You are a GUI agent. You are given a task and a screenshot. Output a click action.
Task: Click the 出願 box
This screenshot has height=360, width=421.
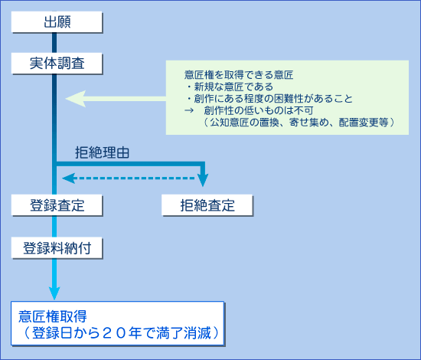point(57,21)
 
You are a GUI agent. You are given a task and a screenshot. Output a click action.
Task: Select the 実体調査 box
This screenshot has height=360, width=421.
point(57,63)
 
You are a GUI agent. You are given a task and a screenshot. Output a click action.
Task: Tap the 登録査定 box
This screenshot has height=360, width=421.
point(57,205)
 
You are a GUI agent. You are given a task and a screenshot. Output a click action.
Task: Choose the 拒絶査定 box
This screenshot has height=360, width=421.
point(207,205)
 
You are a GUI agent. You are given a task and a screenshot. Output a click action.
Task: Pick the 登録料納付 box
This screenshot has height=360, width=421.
point(57,247)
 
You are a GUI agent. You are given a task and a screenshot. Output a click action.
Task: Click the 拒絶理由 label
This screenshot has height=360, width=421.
point(102,152)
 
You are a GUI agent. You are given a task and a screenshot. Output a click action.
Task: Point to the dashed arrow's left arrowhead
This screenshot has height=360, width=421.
point(68,178)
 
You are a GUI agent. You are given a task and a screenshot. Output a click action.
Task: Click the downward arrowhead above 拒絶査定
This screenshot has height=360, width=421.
point(203,180)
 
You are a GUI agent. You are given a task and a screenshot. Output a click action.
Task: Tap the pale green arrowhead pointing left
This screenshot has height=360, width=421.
point(76,99)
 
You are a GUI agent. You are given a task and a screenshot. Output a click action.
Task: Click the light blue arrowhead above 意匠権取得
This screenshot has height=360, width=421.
point(54,293)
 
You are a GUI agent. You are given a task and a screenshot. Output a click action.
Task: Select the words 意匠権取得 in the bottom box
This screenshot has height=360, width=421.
point(53,316)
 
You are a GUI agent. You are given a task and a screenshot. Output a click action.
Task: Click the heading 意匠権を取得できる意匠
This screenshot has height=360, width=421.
point(239,75)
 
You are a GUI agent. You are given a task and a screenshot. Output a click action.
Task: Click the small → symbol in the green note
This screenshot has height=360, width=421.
point(189,110)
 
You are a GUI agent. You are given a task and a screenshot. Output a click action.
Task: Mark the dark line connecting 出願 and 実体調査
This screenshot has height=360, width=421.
point(54,43)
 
